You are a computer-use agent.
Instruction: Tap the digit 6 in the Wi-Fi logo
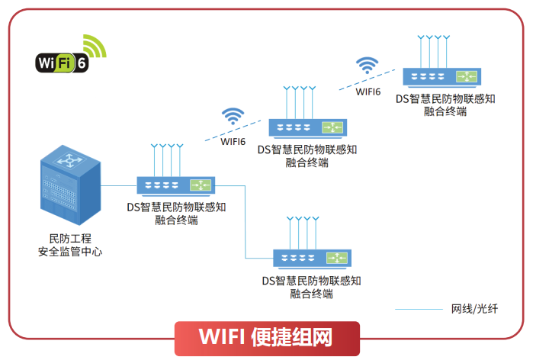[82, 63]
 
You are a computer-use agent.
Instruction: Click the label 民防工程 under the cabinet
[70, 239]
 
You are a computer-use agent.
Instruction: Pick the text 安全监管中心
[70, 252]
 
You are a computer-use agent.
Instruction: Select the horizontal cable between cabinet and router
[119, 185]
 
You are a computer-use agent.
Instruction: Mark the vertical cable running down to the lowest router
[246, 221]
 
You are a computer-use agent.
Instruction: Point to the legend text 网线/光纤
[475, 309]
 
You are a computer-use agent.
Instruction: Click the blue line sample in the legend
[419, 310]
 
